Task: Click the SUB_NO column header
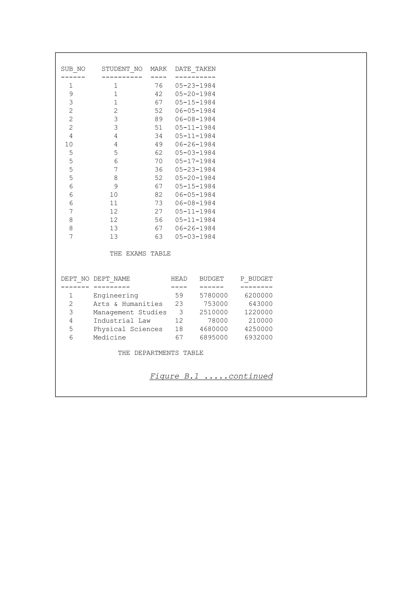pos(73,69)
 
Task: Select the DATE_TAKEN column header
pos(195,69)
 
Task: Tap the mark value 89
pos(159,119)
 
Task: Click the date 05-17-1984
pos(195,161)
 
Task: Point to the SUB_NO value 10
pos(69,145)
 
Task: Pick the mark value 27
pos(159,212)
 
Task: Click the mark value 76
pos(159,86)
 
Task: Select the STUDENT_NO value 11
pos(114,203)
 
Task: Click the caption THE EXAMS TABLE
pos(140,254)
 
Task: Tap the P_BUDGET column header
pos(256,279)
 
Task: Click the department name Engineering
pos(116,296)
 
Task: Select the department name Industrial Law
pos(122,321)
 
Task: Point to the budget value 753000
pos(216,304)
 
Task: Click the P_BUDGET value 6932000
pos(258,338)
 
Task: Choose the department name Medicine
pos(110,338)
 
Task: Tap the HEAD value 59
pos(179,296)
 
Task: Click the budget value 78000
pos(218,321)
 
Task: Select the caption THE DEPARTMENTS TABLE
pos(161,353)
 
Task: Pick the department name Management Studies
pos(130,312)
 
